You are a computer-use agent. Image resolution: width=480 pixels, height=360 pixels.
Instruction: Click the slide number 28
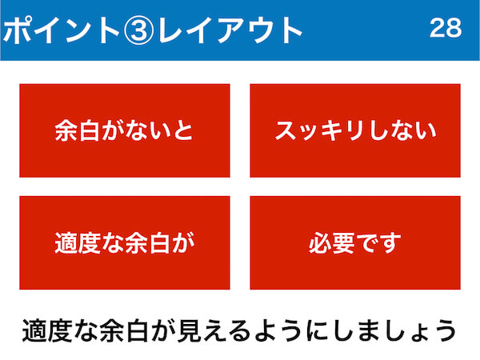point(446,28)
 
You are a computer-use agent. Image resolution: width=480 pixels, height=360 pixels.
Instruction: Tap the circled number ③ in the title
point(138,30)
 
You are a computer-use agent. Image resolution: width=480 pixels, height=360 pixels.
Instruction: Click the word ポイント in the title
point(62,30)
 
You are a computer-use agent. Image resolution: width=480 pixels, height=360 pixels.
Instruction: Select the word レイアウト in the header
point(230,30)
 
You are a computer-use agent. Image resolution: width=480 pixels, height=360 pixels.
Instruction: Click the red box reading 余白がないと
point(125,130)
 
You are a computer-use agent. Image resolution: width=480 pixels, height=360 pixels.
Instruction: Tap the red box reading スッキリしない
point(355,130)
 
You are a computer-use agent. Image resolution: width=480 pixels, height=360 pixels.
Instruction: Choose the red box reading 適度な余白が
point(125,242)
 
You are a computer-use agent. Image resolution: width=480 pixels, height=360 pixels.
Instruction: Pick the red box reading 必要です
point(355,242)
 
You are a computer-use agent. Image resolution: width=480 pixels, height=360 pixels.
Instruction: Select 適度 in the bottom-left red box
point(78,243)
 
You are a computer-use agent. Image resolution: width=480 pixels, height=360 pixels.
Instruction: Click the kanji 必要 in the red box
point(331,243)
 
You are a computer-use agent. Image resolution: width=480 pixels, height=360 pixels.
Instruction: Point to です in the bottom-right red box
point(378,243)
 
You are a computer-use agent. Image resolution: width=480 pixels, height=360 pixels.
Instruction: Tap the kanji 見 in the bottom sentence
point(189,330)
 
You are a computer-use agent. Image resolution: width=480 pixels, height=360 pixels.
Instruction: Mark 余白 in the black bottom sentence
point(124,330)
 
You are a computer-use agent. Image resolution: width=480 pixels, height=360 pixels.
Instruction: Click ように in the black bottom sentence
point(292,330)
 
